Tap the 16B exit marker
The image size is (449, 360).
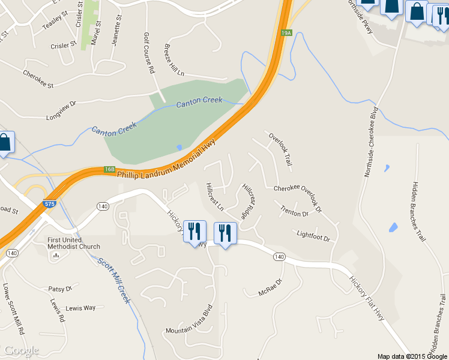109,170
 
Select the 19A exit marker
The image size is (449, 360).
287,33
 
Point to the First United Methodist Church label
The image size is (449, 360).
74,243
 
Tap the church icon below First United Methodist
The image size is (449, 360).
56,255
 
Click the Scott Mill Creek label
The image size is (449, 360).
114,279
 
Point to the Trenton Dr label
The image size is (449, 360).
294,211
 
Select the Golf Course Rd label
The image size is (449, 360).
148,54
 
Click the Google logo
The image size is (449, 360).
21,350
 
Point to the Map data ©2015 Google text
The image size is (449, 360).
412,356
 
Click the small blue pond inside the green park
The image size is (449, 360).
179,148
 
